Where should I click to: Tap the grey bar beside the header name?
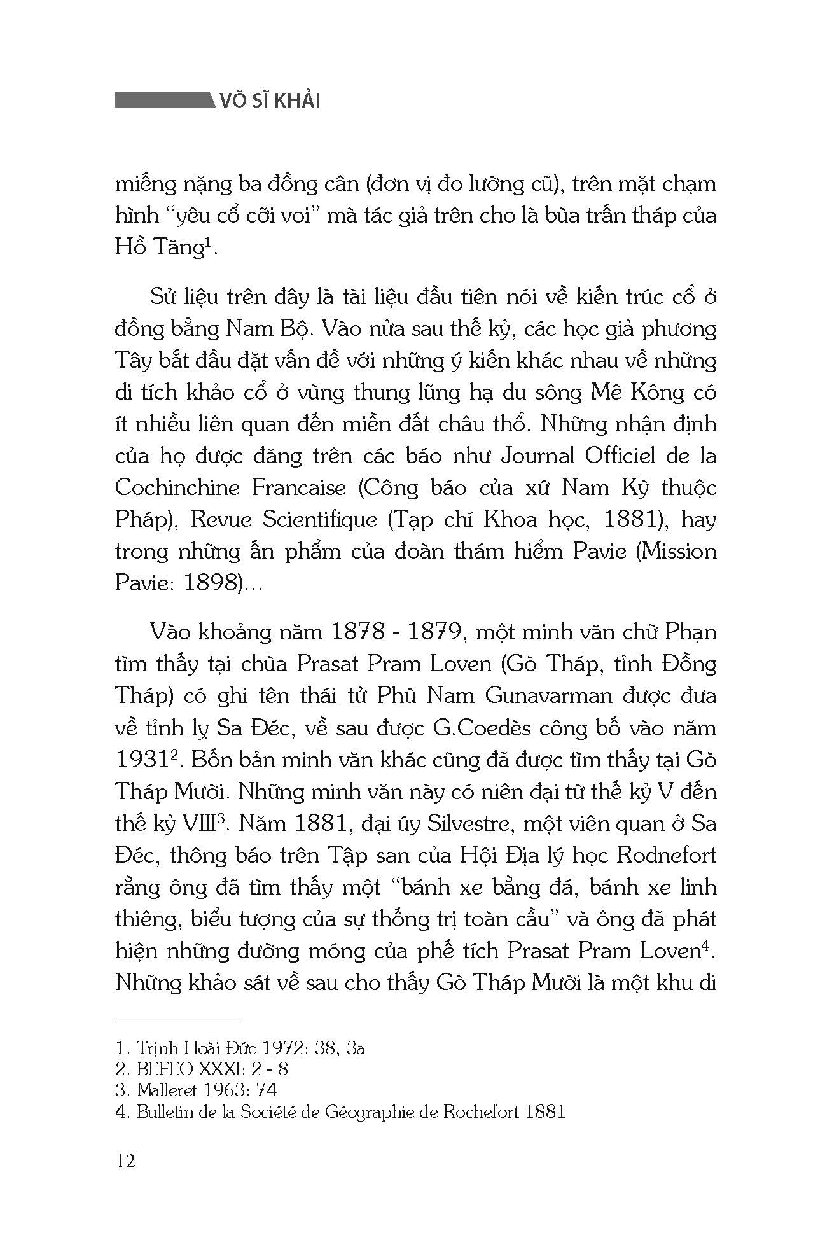(x=163, y=101)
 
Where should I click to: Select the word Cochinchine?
(x=177, y=487)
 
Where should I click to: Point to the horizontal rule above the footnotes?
(x=178, y=1022)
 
